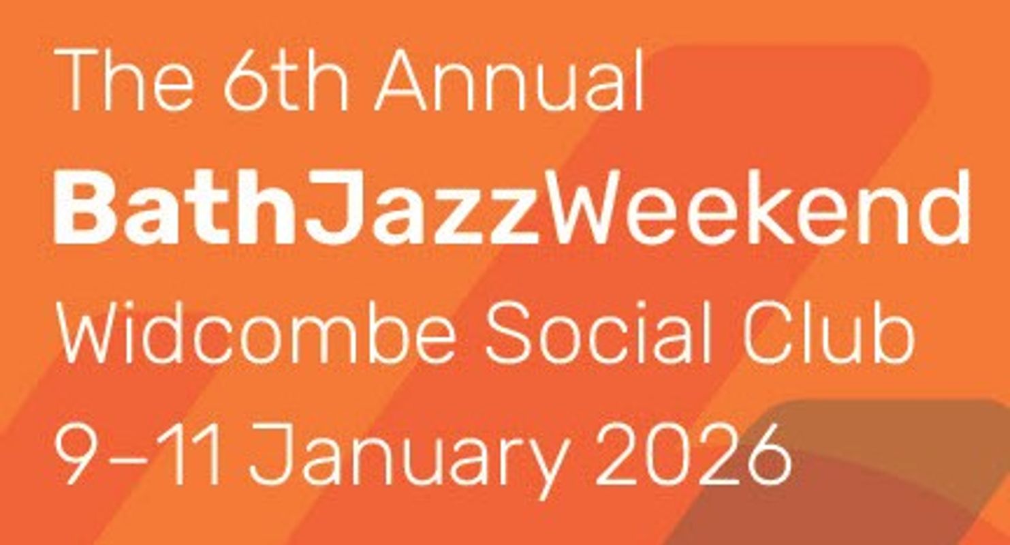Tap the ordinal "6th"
286,81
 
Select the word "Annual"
509,81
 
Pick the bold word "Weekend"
755,208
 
